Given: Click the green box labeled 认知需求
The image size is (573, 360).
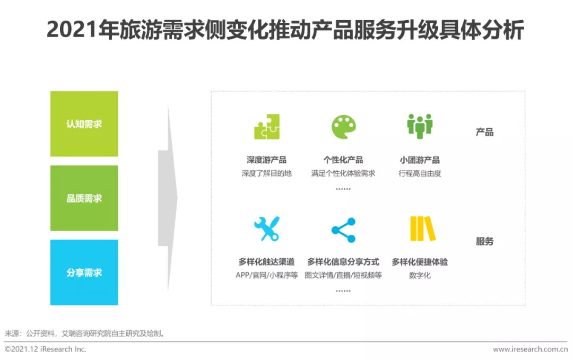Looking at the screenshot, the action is point(84,124).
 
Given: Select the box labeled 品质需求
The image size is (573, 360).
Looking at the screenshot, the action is point(84,198).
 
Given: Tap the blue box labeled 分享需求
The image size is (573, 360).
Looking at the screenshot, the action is point(84,273).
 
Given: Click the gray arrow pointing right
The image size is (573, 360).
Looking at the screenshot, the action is point(168,198).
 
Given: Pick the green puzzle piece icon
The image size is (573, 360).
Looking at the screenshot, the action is point(267,127).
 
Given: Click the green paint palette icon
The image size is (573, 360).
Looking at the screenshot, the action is point(343,127).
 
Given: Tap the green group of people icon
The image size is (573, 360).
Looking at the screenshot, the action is point(420,126).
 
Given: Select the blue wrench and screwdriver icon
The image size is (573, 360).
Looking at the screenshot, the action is point(267,229).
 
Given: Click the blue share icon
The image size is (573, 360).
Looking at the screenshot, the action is point(343,230).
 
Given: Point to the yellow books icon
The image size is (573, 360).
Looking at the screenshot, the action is point(423,229).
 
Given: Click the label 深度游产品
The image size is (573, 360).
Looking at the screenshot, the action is point(266,160).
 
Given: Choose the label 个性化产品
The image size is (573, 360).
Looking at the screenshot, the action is point(343,160).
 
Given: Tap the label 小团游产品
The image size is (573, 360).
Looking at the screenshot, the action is point(420,160).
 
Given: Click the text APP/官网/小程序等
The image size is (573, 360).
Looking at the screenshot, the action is point(266,275).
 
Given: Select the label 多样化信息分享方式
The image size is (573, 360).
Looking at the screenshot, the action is point(343,262).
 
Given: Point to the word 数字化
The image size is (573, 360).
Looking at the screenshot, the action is point(420,275).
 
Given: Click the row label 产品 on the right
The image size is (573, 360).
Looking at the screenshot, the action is point(484,132).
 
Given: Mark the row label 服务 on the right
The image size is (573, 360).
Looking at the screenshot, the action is point(484,241).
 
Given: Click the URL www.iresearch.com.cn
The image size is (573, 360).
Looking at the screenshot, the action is point(530,349).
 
